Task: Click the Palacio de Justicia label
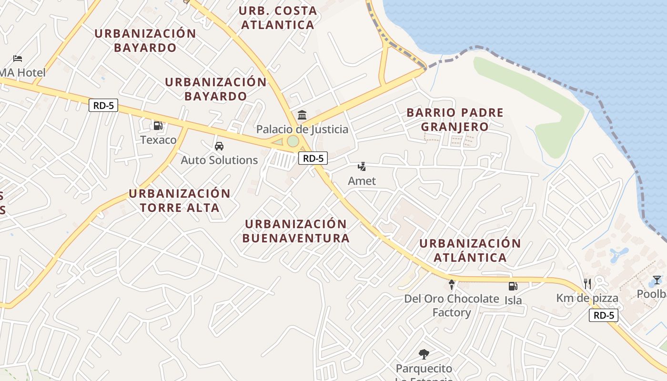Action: pyautogui.click(x=302, y=130)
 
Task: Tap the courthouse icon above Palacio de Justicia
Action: pyautogui.click(x=302, y=115)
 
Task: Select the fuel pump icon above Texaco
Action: pyautogui.click(x=158, y=126)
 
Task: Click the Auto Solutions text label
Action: pyautogui.click(x=219, y=160)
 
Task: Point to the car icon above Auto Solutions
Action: pyautogui.click(x=219, y=146)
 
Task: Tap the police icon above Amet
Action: pyautogui.click(x=362, y=167)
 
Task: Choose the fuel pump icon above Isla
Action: pyautogui.click(x=513, y=286)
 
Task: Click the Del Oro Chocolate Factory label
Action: pyautogui.click(x=451, y=305)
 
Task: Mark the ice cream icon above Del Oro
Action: pyautogui.click(x=452, y=285)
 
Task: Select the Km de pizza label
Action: pyautogui.click(x=587, y=299)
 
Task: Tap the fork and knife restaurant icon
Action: pyautogui.click(x=587, y=284)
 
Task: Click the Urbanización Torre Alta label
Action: pyautogui.click(x=180, y=201)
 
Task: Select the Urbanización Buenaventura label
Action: pyautogui.click(x=296, y=231)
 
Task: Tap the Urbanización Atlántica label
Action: pyautogui.click(x=470, y=251)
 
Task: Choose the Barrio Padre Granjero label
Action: pyautogui.click(x=455, y=120)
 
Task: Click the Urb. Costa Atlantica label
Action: pyautogui.click(x=277, y=18)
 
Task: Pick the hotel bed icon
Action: pyautogui.click(x=18, y=59)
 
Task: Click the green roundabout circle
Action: pyautogui.click(x=293, y=141)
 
